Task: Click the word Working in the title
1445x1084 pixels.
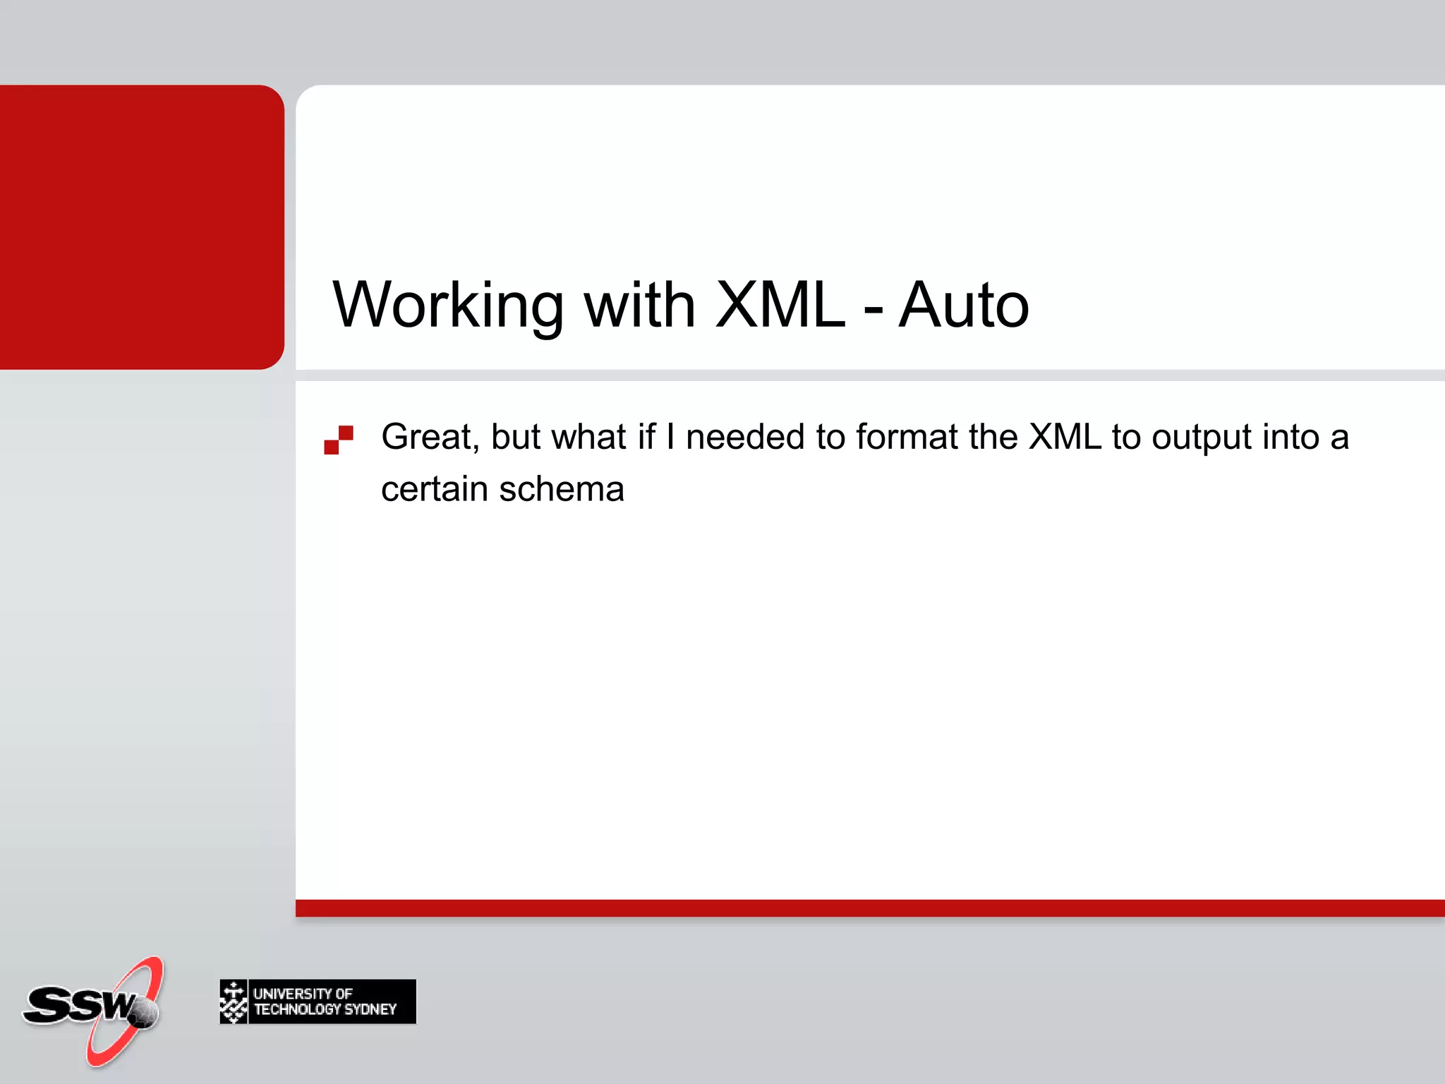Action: tap(447, 305)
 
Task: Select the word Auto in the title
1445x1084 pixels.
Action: tap(963, 305)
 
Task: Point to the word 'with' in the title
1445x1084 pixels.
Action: tap(639, 305)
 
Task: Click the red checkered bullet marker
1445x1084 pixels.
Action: tap(339, 440)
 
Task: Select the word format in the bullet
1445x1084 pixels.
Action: tap(907, 437)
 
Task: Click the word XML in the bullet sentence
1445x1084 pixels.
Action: tap(1065, 437)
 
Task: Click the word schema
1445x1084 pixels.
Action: tap(562, 489)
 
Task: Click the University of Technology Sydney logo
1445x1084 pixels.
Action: tap(318, 1001)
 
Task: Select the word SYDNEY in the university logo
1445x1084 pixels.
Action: tap(370, 1010)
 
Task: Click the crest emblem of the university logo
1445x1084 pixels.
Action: tap(234, 1001)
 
